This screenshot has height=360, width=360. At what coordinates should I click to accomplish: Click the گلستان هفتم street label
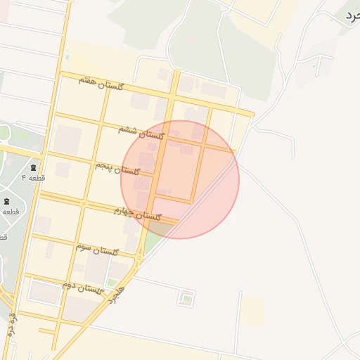point(101,84)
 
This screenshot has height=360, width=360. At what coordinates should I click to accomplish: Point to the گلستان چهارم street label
point(138,213)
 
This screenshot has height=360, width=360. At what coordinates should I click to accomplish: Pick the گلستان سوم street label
point(97,249)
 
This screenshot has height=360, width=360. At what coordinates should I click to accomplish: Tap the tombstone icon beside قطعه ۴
point(33,167)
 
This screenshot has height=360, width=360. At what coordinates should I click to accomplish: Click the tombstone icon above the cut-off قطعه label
point(6,201)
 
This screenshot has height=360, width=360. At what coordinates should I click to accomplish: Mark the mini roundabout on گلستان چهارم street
point(84,204)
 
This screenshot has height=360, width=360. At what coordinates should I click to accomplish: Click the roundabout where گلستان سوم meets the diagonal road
point(139,258)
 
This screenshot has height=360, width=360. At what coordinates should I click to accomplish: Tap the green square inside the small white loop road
point(186,299)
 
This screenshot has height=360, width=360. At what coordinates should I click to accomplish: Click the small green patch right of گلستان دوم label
point(111,283)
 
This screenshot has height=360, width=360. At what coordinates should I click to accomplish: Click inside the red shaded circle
point(180,179)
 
